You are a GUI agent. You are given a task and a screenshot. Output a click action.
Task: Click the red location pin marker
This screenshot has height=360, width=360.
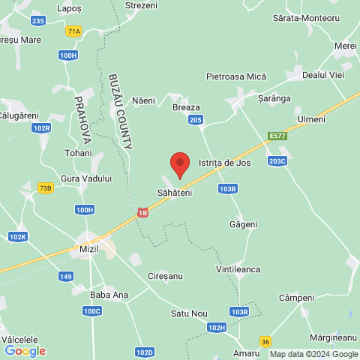179,163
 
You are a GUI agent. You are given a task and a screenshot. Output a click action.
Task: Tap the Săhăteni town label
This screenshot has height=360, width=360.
175,193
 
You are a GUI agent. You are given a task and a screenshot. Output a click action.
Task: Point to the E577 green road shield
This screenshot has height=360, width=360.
277,136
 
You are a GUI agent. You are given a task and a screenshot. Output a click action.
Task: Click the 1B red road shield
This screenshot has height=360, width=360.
142,214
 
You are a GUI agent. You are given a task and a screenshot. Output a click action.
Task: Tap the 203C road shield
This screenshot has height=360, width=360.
277,160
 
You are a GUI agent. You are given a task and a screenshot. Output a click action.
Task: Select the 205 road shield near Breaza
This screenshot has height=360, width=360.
196,120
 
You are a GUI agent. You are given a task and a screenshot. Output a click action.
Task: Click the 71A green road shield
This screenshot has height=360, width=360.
73,31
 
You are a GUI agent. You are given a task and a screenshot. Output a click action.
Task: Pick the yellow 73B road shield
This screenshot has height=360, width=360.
46,187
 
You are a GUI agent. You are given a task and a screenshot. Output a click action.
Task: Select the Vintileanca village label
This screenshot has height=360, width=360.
238,268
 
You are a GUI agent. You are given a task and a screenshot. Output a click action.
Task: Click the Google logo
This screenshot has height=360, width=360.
25,350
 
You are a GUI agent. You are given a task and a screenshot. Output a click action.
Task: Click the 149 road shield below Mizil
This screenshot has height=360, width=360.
66,277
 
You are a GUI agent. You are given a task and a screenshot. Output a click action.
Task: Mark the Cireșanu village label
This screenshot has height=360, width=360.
165,276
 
